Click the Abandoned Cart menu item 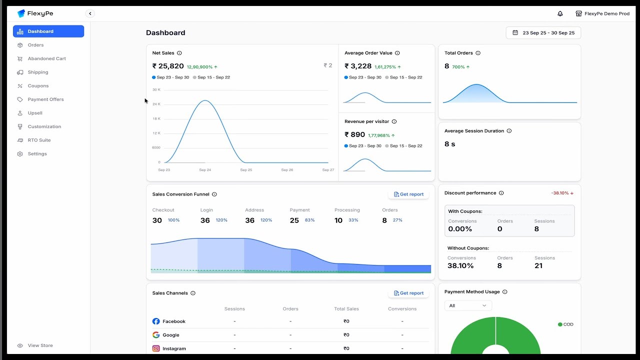pos(46,58)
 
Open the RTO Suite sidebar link pos(39,140)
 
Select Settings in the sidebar pos(37,153)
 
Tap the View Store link pos(40,345)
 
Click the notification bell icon pos(560,14)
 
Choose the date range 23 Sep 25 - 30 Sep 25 pos(543,33)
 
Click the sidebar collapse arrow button pos(90,14)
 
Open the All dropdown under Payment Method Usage pos(468,305)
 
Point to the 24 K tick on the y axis pos(156,104)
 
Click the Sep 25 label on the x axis pos(246,170)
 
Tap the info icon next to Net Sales pos(179,53)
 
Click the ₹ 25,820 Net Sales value pos(168,66)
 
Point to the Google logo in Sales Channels pos(156,335)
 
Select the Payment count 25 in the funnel pos(294,220)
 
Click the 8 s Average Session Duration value pos(450,144)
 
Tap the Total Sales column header pos(346,309)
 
